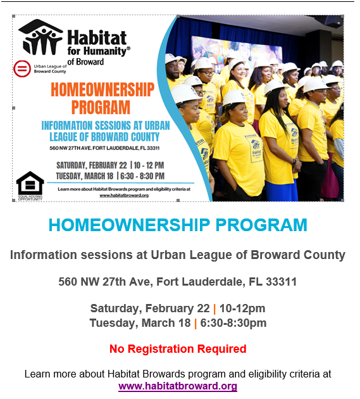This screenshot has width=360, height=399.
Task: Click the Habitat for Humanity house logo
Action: coord(40,37)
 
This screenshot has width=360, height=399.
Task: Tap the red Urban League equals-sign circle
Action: coord(22,68)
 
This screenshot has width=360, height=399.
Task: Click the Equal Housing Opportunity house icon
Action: coord(30,184)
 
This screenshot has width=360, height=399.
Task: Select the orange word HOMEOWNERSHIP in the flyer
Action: coord(102,89)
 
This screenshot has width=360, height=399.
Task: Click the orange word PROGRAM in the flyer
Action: coord(101,107)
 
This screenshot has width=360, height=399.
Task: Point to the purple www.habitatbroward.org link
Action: coord(178,386)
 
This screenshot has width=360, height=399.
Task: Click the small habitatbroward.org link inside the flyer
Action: coord(124,196)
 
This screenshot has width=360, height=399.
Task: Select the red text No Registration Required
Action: coord(178,348)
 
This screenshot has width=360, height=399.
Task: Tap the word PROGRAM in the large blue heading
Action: coord(261,225)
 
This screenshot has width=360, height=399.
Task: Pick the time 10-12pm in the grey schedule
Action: coord(242,308)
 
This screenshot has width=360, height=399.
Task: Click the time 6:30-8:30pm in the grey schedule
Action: coord(233,323)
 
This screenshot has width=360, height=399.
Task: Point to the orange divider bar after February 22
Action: coord(214,309)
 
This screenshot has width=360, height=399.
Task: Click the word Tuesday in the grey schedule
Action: coord(114,323)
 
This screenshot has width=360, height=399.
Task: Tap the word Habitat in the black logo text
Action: coord(97,37)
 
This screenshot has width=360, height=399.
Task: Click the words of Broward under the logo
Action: coord(85,62)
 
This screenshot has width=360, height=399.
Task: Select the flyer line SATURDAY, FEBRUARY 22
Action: coord(92,165)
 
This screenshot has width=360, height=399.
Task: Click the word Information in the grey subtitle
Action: coord(44,255)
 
